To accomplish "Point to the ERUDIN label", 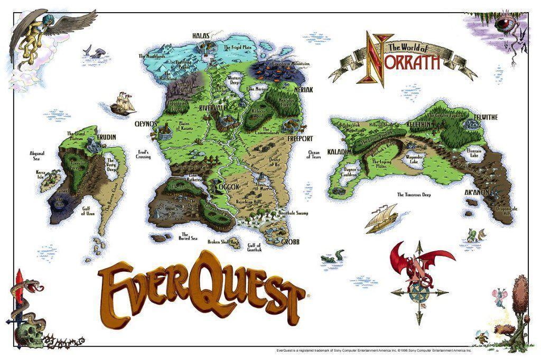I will (x=106, y=137).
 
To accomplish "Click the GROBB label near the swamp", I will (x=290, y=242).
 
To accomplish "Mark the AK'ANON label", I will (x=476, y=193).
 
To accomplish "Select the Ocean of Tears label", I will (x=315, y=155).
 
